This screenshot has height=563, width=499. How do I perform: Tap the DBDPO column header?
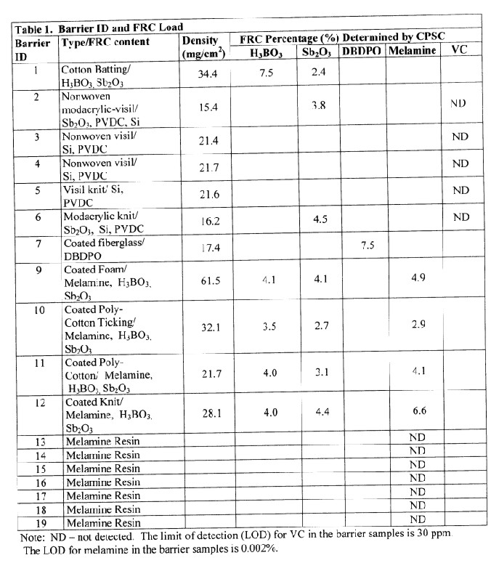click(361, 51)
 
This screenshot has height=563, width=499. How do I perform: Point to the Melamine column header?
click(413, 51)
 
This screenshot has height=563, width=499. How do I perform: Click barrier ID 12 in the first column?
click(37, 402)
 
